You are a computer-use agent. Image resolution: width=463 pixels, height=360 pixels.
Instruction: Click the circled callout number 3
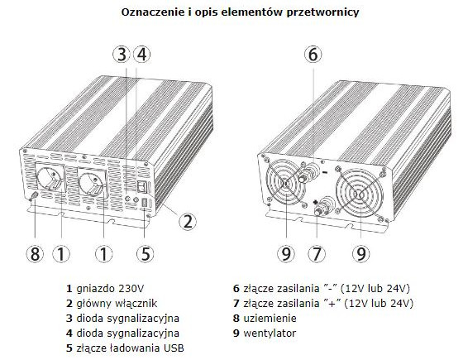point(122,55)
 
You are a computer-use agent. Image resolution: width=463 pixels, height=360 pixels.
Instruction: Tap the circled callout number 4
point(141,55)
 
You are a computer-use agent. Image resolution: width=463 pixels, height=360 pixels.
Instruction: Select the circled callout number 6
point(313,55)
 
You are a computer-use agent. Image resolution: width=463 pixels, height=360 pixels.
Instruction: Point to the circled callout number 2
point(188,221)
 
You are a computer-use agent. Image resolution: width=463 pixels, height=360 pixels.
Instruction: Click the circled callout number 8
point(35,253)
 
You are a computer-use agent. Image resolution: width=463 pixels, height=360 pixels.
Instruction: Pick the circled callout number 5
point(145,253)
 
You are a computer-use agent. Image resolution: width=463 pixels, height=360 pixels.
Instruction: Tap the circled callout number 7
point(316,253)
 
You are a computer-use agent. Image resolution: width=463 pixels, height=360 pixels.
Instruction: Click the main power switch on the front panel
point(142,186)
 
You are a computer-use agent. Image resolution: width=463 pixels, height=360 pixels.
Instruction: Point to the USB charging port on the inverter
point(145,203)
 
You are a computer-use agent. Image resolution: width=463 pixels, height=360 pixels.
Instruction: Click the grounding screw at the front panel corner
point(33,195)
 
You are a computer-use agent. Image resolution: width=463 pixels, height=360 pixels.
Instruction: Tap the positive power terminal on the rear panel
point(323,207)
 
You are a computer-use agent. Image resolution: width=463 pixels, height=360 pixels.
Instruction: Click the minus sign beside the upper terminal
point(325,172)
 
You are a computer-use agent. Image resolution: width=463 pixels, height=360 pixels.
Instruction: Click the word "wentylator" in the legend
point(270,334)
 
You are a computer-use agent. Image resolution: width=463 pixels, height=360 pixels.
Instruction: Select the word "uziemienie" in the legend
point(270,319)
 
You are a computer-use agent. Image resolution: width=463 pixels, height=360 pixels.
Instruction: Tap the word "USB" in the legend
point(174,348)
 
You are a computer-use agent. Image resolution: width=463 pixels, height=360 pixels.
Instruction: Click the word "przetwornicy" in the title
point(322,12)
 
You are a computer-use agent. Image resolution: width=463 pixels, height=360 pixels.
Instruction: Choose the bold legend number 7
point(236,304)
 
